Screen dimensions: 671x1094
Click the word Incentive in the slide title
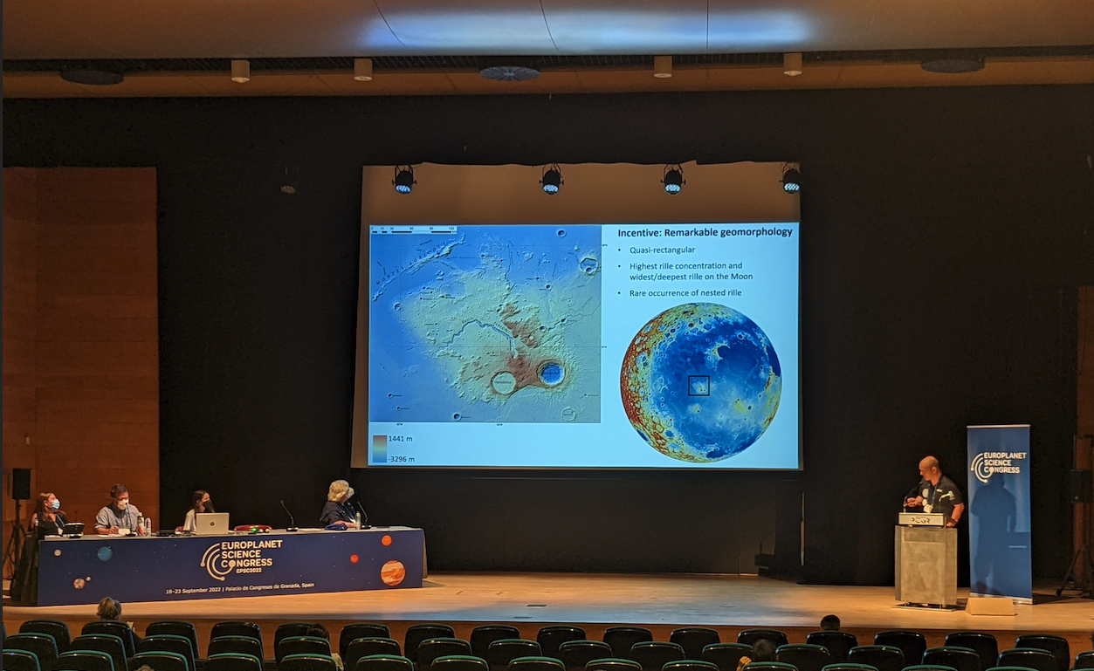[x=643, y=233]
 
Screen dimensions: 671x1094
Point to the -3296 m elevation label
[x=401, y=459]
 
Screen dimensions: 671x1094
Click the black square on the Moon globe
[x=698, y=386]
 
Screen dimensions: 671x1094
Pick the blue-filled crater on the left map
[x=551, y=373]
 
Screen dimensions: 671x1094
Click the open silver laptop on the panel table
[x=210, y=523]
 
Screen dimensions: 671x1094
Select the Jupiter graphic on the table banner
[x=393, y=572]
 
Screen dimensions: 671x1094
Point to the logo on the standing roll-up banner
[x=997, y=465]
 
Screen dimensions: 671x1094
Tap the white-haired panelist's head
[x=339, y=490]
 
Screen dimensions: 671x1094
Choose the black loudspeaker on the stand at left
[x=21, y=483]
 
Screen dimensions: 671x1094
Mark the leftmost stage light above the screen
[x=404, y=179]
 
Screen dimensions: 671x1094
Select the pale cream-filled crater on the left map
[x=504, y=382]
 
